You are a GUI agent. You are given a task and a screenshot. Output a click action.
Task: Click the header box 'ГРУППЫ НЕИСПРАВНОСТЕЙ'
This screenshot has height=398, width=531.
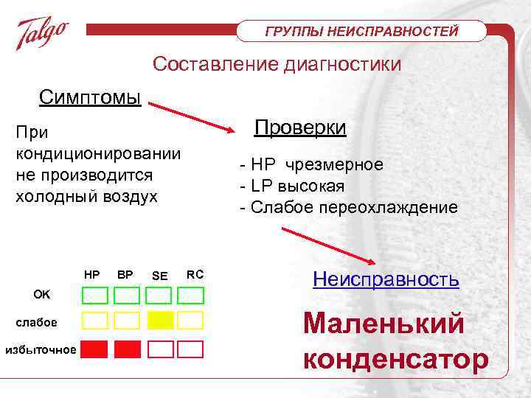coord(362,31)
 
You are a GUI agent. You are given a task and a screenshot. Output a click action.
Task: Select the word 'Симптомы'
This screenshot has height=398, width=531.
coord(90,97)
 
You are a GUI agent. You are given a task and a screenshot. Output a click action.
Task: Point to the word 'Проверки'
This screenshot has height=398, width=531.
coord(300,128)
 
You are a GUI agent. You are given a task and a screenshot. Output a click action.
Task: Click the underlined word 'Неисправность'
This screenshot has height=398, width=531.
coord(386,279)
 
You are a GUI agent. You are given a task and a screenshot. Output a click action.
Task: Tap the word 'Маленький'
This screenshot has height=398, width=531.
coord(384,323)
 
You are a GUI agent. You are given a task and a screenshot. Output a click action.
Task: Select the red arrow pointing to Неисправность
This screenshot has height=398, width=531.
coord(327,245)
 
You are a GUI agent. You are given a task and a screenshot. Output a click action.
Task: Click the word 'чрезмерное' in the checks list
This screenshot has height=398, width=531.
coord(340,164)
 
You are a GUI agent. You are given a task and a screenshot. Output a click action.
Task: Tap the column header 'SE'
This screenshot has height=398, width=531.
coord(159,276)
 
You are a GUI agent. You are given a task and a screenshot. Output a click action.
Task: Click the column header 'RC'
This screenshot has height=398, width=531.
coord(195,274)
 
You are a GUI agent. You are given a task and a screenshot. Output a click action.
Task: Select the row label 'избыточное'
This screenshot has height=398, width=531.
coord(40,349)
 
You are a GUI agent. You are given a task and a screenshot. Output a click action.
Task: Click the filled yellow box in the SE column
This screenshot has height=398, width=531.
coord(159,320)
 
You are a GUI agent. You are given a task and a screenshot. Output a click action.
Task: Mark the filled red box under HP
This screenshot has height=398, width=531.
coord(94,349)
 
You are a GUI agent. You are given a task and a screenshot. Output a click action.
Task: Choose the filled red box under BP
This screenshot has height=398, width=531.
coord(126,349)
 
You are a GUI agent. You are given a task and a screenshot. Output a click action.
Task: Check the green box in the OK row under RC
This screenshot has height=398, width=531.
coord(190,296)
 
